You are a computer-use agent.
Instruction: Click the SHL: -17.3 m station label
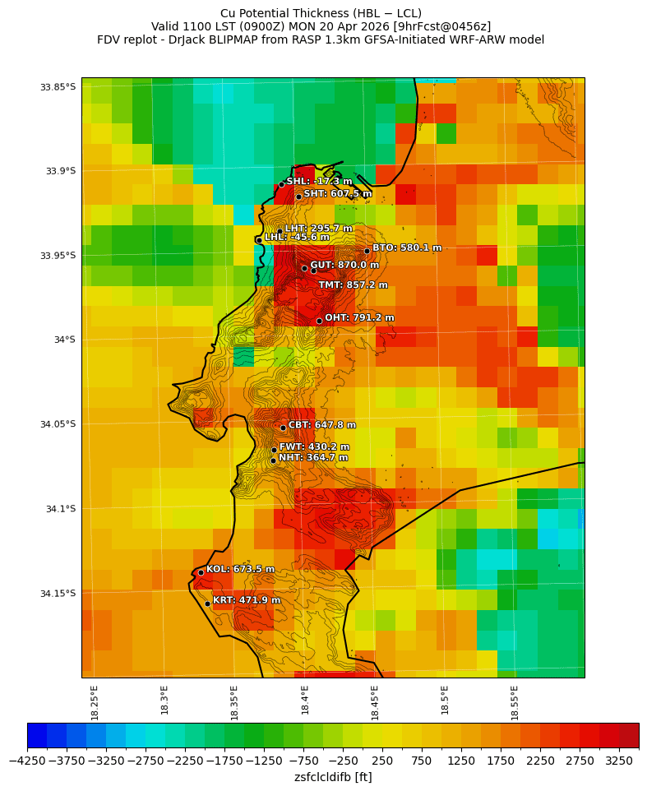click(x=319, y=182)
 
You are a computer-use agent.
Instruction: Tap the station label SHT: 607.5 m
click(x=338, y=194)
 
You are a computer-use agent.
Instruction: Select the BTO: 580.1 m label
click(x=407, y=247)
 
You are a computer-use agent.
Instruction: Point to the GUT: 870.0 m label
click(x=344, y=266)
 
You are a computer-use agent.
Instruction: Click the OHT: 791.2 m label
click(x=359, y=318)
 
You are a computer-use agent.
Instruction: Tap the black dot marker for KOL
click(x=201, y=572)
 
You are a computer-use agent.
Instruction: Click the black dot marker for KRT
click(x=207, y=604)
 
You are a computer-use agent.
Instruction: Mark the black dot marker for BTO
click(x=367, y=251)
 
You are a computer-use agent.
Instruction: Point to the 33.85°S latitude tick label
click(x=58, y=87)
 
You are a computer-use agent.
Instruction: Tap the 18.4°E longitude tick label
click(x=305, y=702)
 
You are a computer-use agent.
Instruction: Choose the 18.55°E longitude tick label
click(x=515, y=702)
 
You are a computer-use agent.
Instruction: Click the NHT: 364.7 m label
click(x=313, y=458)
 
